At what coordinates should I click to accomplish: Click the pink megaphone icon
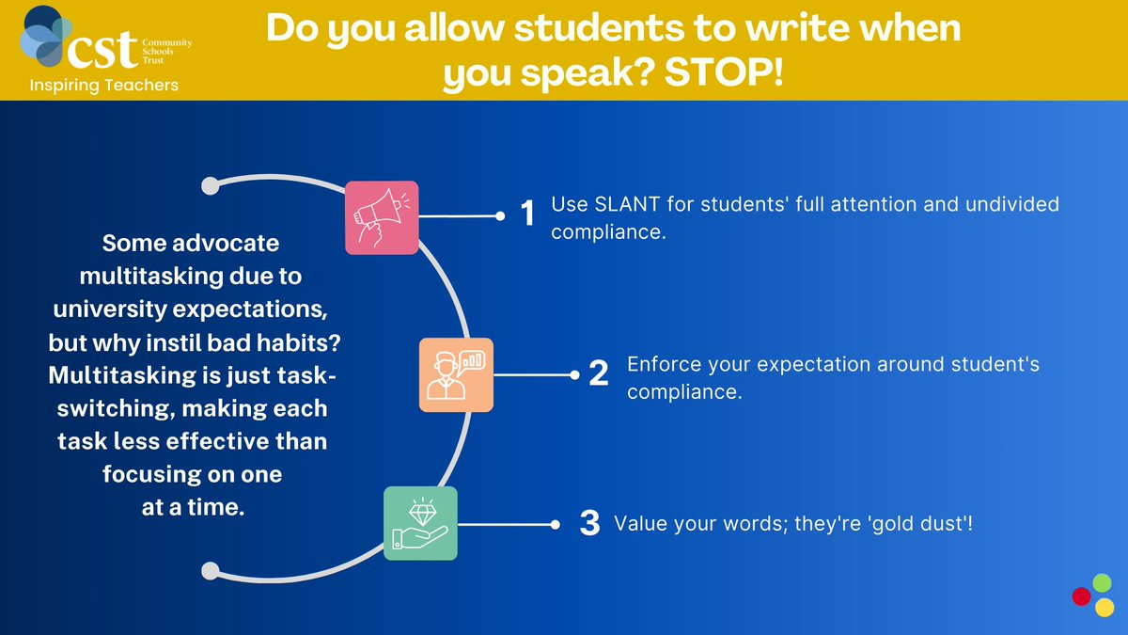coord(381,217)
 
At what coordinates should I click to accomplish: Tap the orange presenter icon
coord(456,374)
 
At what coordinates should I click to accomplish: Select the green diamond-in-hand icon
coord(420,523)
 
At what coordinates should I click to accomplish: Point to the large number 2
coord(599,374)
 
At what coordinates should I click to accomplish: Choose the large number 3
coord(589,523)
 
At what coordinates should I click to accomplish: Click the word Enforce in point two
coord(660,364)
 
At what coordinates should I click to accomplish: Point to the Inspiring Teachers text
coord(104,86)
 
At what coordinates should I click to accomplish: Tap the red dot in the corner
coord(1082,596)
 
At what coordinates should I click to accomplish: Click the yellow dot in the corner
coord(1104,607)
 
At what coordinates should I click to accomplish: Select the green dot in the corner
coord(1102,583)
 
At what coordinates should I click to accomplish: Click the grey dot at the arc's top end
coord(211,183)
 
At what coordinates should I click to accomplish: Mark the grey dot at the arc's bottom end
coord(211,571)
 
